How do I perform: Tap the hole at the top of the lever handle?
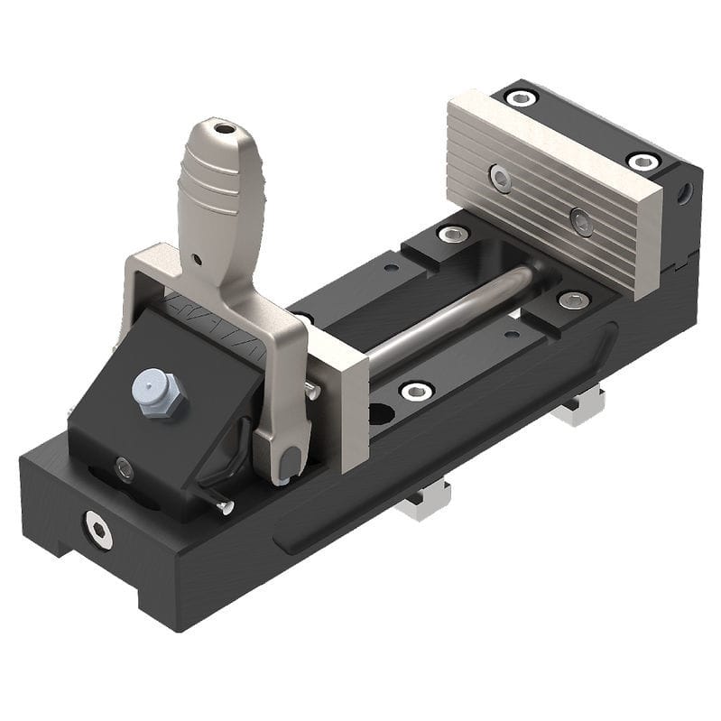coord(222,130)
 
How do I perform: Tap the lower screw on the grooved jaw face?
coord(581,220)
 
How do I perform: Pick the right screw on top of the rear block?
coord(643,162)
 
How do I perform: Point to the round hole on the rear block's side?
coord(687,192)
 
